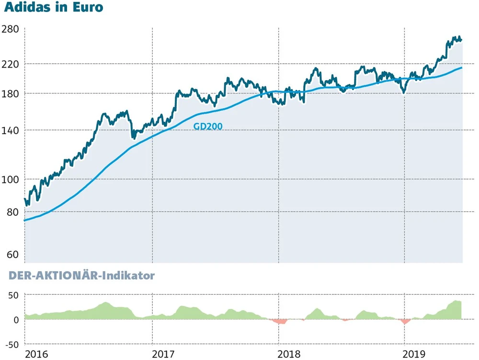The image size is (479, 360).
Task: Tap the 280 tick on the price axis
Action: click(11, 29)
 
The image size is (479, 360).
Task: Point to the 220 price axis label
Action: click(11, 64)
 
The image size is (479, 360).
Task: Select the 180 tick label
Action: click(11, 93)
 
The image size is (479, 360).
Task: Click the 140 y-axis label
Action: click(11, 130)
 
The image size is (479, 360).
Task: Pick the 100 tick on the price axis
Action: click(11, 179)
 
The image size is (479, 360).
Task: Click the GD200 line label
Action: click(208, 127)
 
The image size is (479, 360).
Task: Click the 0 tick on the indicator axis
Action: click(16, 320)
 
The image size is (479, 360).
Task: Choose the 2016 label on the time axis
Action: click(37, 354)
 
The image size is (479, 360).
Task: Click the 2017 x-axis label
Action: click(163, 354)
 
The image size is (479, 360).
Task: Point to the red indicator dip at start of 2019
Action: click(406, 321)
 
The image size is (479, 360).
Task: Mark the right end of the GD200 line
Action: click(462, 68)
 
